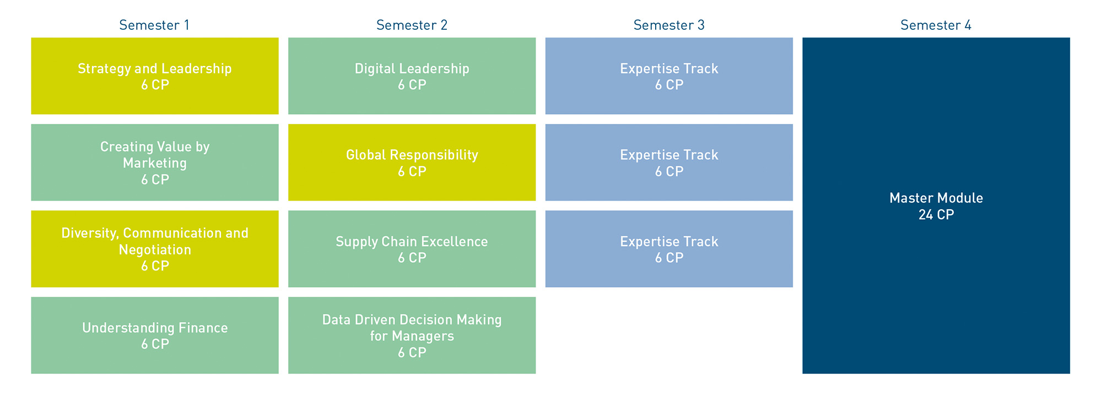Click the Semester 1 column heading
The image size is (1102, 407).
tap(154, 25)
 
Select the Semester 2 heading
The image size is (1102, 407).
tap(412, 25)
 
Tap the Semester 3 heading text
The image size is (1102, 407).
tap(669, 25)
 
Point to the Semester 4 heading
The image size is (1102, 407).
tap(936, 25)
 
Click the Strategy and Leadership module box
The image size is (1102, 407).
tap(155, 76)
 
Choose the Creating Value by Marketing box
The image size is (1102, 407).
tap(155, 162)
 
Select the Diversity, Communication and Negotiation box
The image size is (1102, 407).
tap(155, 249)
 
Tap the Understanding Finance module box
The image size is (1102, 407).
tap(155, 335)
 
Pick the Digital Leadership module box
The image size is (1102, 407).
tap(412, 76)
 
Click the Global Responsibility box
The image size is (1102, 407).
tap(412, 162)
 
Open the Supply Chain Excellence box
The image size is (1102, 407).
tap(412, 249)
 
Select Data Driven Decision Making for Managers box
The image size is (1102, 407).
tap(412, 335)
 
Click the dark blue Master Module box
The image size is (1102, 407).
tap(936, 205)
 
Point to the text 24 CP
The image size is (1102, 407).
tap(936, 215)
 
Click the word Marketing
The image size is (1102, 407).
tap(155, 164)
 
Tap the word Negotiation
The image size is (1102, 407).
tap(155, 250)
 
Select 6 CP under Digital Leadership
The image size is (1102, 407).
tap(412, 85)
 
